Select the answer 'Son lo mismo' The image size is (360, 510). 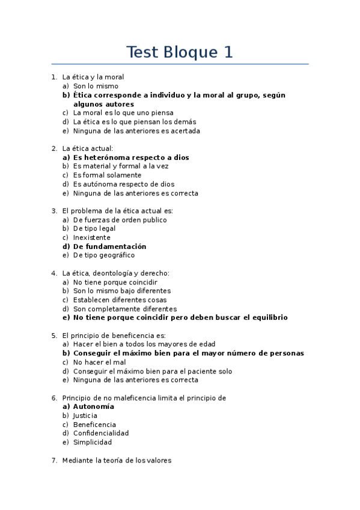(x=96, y=86)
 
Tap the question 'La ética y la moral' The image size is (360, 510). (x=93, y=77)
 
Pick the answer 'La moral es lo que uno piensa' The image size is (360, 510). (x=123, y=112)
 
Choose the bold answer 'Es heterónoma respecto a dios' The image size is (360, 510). (x=131, y=158)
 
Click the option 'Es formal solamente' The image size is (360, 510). (x=107, y=175)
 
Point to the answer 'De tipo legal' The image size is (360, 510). (x=94, y=229)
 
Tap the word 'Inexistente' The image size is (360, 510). (x=92, y=238)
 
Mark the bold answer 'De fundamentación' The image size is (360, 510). (x=109, y=247)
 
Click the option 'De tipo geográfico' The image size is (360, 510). (x=104, y=255)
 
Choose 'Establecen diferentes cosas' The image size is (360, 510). (x=120, y=300)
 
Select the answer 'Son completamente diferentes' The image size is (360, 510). (x=124, y=309)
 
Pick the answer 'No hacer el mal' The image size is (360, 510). (x=99, y=362)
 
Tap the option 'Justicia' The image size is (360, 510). (x=85, y=416)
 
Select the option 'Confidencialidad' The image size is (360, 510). (x=101, y=433)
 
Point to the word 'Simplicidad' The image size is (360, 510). (x=92, y=442)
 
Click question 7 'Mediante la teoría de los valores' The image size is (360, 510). (x=117, y=461)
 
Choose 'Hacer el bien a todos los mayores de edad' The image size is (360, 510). (x=144, y=344)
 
